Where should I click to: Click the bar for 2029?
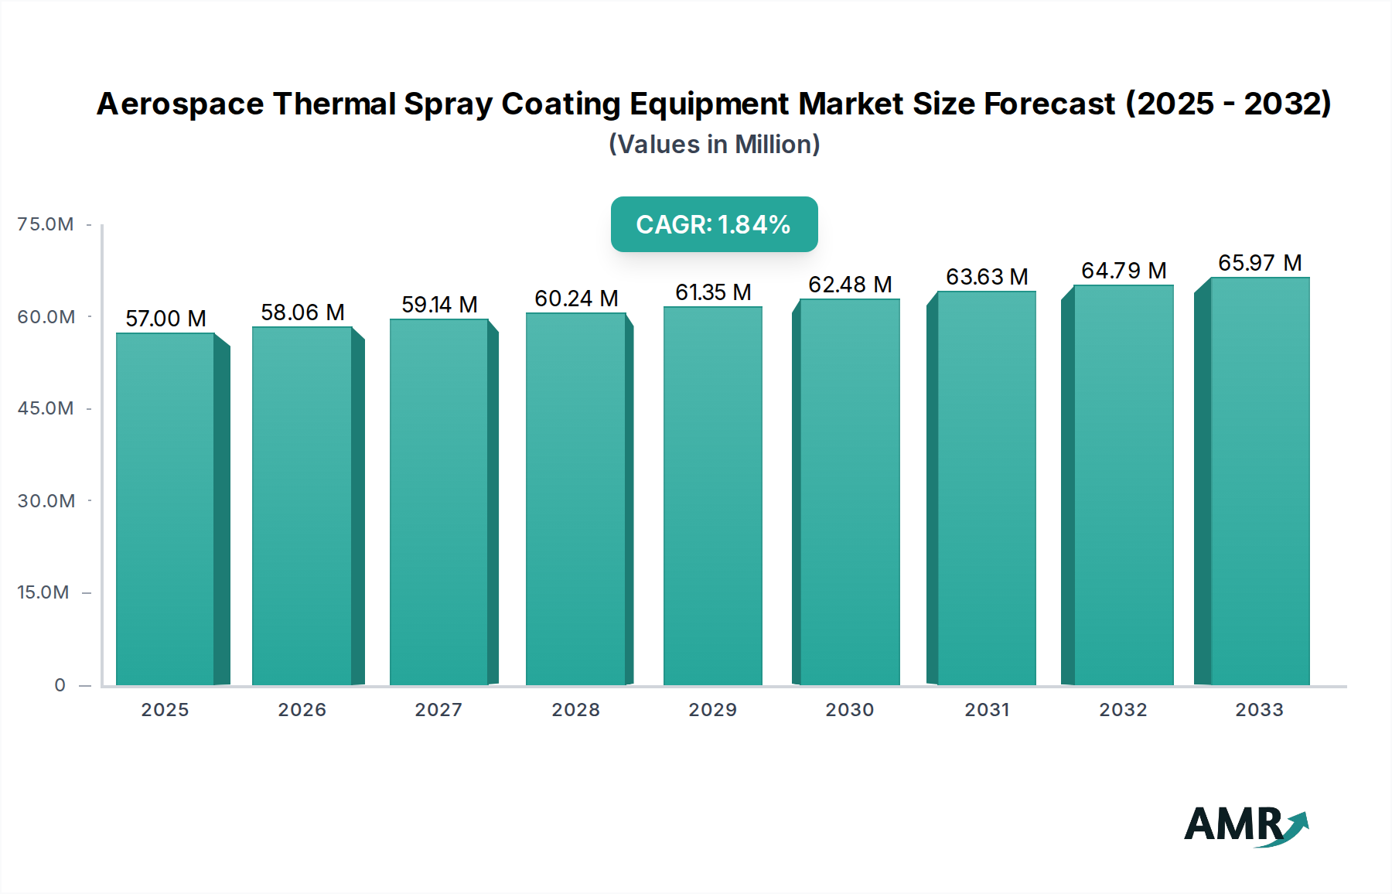[713, 496]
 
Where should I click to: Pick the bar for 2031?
[986, 488]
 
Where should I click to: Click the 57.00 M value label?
[165, 319]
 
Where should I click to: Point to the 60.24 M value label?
[576, 299]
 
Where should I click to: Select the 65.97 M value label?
[1260, 263]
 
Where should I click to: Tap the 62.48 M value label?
[850, 285]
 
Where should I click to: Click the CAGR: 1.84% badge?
[714, 224]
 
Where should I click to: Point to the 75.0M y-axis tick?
[46, 224]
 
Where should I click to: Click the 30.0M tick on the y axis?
[46, 501]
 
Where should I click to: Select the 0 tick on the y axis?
[60, 685]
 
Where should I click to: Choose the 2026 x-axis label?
[302, 710]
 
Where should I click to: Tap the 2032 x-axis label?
[1123, 710]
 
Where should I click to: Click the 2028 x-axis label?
[575, 710]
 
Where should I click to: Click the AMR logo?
[1245, 825]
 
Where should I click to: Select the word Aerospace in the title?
[179, 104]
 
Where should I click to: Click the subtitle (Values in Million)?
[714, 145]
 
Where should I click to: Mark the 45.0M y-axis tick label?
[46, 408]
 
